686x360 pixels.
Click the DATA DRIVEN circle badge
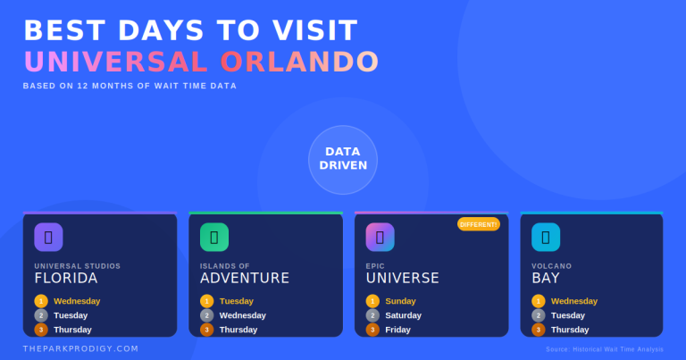point(343,159)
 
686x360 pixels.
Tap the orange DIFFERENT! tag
point(478,224)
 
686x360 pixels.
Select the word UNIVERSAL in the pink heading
point(116,62)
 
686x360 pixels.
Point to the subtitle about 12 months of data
point(130,86)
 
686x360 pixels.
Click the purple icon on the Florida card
point(48,237)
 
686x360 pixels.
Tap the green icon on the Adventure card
point(214,237)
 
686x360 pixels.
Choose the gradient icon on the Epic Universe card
point(380,237)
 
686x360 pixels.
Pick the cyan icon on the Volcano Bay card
point(546,237)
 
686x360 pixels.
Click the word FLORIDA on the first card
point(66,278)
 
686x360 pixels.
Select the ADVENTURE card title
point(245,278)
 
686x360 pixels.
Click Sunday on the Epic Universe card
point(401,301)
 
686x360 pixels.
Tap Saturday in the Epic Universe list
point(403,315)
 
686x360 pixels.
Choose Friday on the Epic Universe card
point(397,330)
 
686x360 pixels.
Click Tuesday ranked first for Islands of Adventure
point(237,301)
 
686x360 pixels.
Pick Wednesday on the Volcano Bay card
point(574,301)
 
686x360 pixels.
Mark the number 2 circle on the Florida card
point(41,315)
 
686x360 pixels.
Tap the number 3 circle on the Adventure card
point(207,330)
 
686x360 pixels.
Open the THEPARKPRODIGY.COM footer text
point(81,348)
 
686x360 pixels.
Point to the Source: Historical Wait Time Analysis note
point(605,349)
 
